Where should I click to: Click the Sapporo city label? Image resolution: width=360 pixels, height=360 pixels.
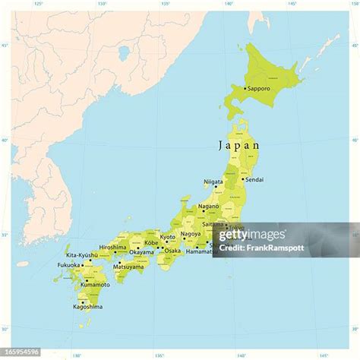coord(259,88)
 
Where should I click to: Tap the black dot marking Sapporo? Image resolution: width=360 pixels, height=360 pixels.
coord(245,89)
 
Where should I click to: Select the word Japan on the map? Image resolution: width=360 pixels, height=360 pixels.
coord(238,145)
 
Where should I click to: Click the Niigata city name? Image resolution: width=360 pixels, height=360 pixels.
coord(213,182)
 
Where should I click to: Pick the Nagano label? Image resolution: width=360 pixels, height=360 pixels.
coord(208,206)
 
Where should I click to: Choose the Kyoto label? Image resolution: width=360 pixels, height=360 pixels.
coord(167,236)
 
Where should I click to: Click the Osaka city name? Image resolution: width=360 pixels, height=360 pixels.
coord(173,250)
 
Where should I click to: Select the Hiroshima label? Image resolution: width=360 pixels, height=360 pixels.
coord(112,246)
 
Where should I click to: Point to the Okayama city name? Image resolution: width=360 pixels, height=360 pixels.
coord(141,251)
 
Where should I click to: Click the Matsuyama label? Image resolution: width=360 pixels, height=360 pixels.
coord(128,267)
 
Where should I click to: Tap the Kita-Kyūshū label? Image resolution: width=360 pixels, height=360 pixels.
coord(81,255)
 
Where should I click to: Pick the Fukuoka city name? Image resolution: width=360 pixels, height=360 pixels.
coord(67,265)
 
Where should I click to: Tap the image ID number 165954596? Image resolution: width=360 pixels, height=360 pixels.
coord(21,352)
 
